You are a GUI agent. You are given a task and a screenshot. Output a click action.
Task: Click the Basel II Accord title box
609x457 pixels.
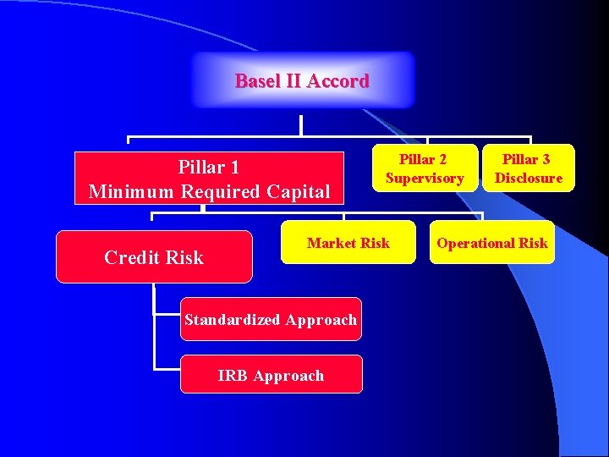303,80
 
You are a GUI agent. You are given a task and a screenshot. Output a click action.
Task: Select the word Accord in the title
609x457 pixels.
338,81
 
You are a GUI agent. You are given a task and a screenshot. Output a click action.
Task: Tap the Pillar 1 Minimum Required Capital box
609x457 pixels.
209,179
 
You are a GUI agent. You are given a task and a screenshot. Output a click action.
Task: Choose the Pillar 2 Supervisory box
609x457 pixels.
424,168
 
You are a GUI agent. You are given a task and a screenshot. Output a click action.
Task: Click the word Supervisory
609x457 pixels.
424,178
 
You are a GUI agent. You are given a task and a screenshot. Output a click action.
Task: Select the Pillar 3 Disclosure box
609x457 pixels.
528,168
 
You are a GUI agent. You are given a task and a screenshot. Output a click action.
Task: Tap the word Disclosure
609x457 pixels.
528,178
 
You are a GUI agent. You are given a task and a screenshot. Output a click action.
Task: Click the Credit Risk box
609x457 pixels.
154,256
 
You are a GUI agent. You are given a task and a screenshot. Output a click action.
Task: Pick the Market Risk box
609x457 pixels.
348,243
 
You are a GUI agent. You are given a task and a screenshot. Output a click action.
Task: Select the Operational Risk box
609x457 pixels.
491,243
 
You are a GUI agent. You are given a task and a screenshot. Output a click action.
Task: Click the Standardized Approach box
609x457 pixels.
271,319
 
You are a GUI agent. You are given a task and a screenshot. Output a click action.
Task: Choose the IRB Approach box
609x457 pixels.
271,375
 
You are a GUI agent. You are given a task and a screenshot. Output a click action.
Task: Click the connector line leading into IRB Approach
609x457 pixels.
167,369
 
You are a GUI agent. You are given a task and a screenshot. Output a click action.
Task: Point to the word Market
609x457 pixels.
332,243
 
